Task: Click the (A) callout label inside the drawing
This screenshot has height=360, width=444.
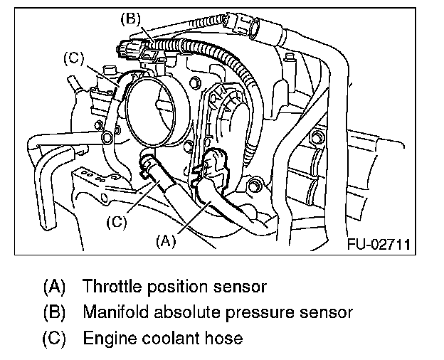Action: click(x=165, y=241)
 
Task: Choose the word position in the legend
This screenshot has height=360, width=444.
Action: click(x=181, y=287)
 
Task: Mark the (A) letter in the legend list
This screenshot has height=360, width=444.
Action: click(x=54, y=287)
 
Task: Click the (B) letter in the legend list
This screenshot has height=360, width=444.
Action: click(x=54, y=312)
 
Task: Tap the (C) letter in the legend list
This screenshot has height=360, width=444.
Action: click(x=54, y=337)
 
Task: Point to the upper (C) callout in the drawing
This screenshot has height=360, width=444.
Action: click(x=75, y=57)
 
